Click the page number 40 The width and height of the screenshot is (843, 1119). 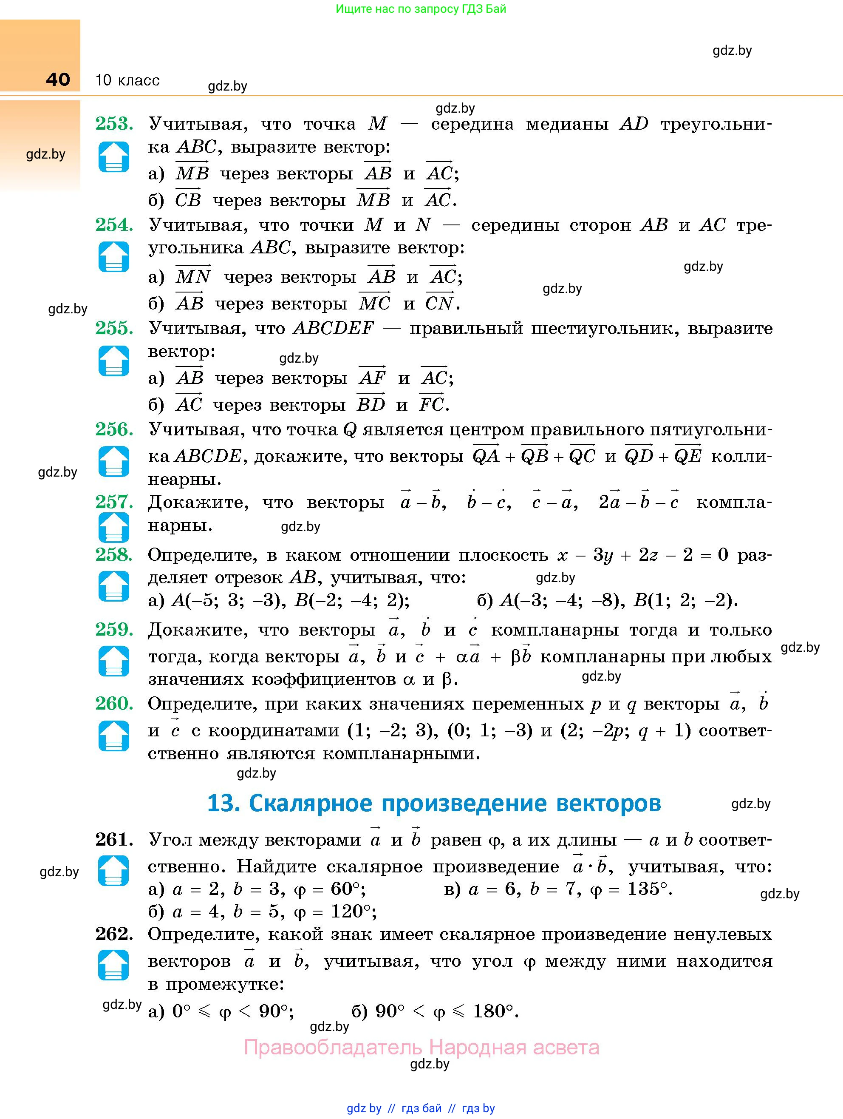58,80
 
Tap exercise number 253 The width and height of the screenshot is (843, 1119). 114,123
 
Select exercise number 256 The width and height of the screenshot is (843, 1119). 114,429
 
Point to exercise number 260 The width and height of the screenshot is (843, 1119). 114,704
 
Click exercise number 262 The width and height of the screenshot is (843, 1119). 114,934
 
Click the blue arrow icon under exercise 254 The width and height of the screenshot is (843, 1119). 114,257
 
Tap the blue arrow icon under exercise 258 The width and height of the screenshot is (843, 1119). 114,586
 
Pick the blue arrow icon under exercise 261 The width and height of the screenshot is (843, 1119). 114,871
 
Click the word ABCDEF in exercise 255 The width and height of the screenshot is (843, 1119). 333,329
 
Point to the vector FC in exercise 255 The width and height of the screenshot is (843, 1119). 431,404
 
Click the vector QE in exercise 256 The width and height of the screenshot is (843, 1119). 688,455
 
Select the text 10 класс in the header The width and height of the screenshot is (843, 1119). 127,80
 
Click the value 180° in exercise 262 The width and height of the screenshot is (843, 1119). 494,1011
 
